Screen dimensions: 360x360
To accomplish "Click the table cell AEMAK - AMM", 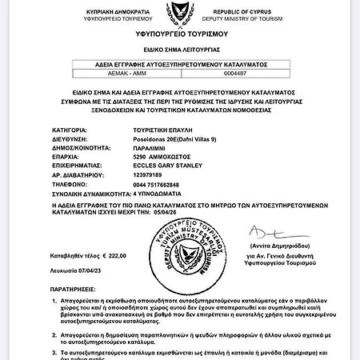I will click(x=102, y=74).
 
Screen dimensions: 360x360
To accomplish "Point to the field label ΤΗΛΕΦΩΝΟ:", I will click(x=67, y=186).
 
